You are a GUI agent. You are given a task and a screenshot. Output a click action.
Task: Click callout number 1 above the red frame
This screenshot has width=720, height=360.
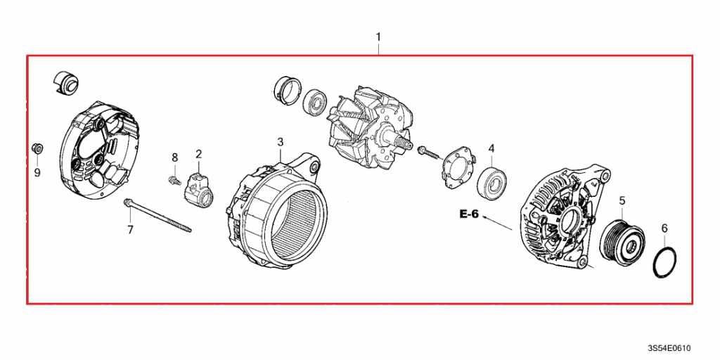(x=378, y=37)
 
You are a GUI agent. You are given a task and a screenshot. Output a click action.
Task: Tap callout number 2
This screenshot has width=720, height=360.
(x=199, y=154)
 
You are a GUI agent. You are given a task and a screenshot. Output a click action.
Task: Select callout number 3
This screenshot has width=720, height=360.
(x=281, y=142)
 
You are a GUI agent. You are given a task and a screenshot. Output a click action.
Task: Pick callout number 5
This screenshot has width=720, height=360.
(x=622, y=200)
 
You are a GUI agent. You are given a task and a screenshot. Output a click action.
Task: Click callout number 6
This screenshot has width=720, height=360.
(x=664, y=229)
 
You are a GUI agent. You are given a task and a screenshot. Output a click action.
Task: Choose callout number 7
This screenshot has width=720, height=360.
(x=130, y=230)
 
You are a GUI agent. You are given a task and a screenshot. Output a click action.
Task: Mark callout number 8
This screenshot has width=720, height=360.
(x=174, y=158)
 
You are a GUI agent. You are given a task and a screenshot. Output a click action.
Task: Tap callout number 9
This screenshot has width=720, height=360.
(x=38, y=173)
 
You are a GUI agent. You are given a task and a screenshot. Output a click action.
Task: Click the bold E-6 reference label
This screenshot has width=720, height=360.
(x=469, y=214)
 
